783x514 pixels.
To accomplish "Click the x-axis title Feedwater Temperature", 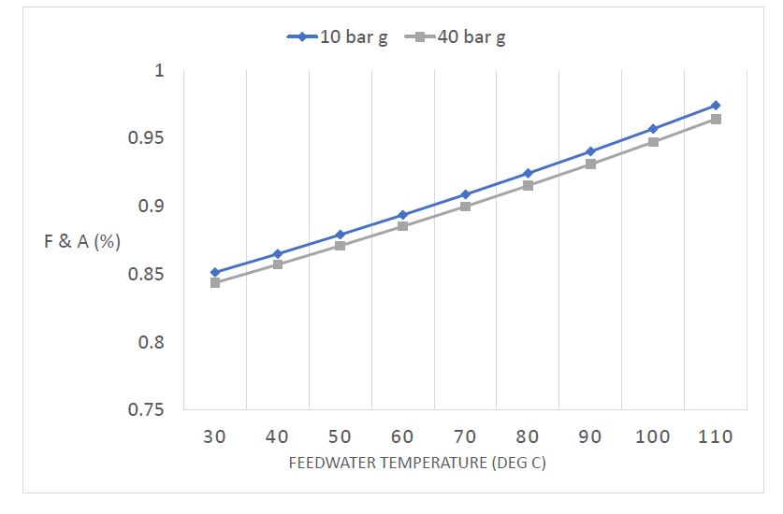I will tap(417, 464).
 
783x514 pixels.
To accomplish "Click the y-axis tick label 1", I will tap(158, 71).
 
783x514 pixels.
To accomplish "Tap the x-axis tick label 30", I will tap(215, 436).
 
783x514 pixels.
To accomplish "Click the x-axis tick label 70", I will tap(465, 436).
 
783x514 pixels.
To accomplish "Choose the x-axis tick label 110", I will tap(715, 436).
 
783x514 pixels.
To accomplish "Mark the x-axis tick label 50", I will tap(341, 436).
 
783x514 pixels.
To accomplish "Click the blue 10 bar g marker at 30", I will tap(215, 272).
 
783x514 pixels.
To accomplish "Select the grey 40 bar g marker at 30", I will tap(215, 282).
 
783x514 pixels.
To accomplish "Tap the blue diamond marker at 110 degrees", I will tap(716, 106).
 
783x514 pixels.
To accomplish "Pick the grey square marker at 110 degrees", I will tap(716, 119).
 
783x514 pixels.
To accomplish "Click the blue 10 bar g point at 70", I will tap(465, 194).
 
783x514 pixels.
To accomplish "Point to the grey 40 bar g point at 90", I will tap(590, 164).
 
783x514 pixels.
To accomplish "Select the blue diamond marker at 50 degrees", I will tap(341, 235).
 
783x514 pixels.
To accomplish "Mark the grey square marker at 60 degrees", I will tap(402, 226).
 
